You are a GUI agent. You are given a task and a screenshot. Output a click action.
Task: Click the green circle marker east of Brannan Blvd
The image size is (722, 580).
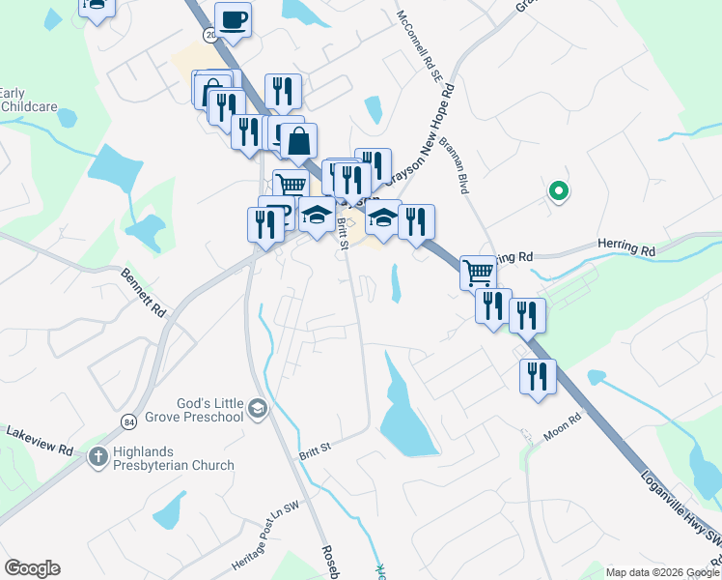click(x=558, y=191)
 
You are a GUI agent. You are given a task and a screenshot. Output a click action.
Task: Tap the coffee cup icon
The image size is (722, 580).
click(x=233, y=19)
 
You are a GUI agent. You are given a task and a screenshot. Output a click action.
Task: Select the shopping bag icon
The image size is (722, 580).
click(x=299, y=141)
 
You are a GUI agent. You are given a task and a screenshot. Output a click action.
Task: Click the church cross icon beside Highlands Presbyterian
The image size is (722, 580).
click(x=97, y=455)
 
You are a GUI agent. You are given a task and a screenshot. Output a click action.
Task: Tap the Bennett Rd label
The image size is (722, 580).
click(x=144, y=293)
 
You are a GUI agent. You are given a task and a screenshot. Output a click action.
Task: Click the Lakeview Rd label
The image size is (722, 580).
click(x=39, y=441)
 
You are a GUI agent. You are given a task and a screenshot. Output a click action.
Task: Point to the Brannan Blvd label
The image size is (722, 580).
click(x=454, y=165)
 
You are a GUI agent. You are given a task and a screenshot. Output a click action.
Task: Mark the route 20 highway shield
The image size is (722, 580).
click(x=209, y=35)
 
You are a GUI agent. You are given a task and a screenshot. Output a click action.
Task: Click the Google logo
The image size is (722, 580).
click(x=32, y=567)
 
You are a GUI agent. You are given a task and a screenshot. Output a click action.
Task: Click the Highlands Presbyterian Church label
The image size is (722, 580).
click(x=171, y=456)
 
